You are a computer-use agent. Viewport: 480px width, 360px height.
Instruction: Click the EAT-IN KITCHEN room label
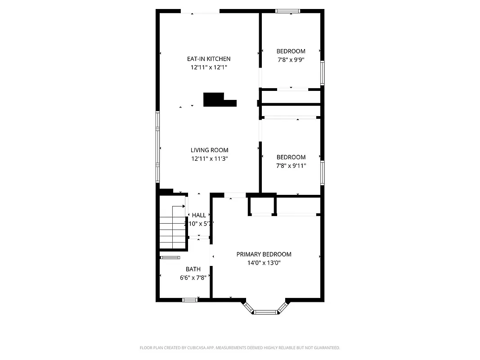point(209,59)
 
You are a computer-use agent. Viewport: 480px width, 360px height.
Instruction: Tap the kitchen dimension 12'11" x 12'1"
point(209,67)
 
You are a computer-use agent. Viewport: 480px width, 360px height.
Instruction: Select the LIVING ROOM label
point(209,150)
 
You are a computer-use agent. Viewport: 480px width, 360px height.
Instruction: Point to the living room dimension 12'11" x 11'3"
point(209,158)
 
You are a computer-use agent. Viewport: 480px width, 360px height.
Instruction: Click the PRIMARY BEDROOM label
point(264,254)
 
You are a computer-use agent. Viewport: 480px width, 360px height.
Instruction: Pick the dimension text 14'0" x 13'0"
point(264,263)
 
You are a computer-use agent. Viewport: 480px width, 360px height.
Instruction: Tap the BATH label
point(193,269)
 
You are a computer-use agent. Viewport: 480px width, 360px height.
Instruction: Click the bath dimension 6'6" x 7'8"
point(193,278)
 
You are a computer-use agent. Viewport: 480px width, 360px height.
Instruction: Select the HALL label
point(199,215)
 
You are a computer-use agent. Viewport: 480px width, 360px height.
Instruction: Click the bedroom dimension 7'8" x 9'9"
point(291,59)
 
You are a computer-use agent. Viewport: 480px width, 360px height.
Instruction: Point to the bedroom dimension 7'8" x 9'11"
point(291,166)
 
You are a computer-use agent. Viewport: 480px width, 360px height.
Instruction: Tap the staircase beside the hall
point(173,232)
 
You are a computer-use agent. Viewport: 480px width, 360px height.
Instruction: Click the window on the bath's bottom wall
point(190,300)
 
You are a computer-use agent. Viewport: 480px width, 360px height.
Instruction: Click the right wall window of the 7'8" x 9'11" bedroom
point(322,173)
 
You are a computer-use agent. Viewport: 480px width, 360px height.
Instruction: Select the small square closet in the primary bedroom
point(261,205)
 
